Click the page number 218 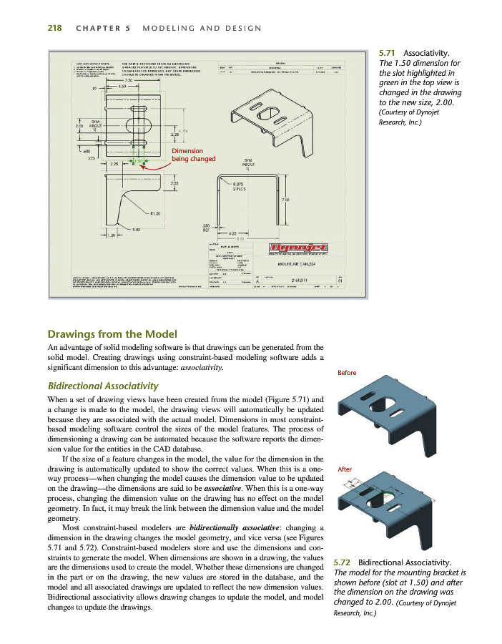pyautogui.click(x=54, y=28)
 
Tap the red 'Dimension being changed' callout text pyautogui.click(x=187, y=155)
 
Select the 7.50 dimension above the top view pyautogui.click(x=129, y=80)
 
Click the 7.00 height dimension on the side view pyautogui.click(x=285, y=199)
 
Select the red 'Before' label pyautogui.click(x=347, y=373)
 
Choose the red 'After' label pyautogui.click(x=344, y=469)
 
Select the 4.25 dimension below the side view pyautogui.click(x=234, y=233)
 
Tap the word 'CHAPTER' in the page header pyautogui.click(x=92, y=28)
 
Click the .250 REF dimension pyautogui.click(x=207, y=228)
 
